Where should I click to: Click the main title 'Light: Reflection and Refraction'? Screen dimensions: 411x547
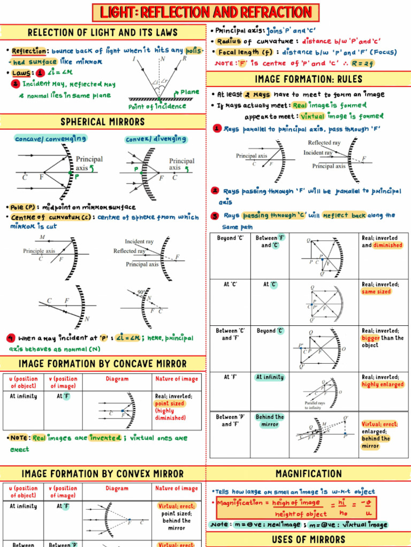tap(205, 12)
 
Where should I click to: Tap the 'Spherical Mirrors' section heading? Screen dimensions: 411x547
tap(102, 122)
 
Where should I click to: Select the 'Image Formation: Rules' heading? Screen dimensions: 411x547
tap(308, 80)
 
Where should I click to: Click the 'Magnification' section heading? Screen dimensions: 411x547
tap(308, 474)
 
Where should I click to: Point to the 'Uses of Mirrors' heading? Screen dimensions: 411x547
tap(308, 539)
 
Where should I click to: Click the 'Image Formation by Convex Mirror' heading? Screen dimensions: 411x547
tap(102, 474)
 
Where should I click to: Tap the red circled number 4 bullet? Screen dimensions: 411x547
tap(11, 338)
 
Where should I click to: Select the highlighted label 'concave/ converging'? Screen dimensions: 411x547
tap(50, 139)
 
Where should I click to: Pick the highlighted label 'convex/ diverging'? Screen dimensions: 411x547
tap(156, 139)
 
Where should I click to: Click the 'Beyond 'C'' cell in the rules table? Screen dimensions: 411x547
tap(230, 238)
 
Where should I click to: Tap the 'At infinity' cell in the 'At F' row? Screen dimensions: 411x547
tap(270, 377)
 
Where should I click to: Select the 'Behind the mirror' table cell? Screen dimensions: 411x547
tap(270, 420)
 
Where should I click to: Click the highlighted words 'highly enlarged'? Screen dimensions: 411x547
tap(383, 385)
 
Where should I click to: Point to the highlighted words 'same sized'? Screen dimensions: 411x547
tap(376, 292)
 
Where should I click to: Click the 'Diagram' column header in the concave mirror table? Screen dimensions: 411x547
tap(117, 379)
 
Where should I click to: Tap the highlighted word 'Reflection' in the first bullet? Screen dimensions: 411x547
tap(29, 51)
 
